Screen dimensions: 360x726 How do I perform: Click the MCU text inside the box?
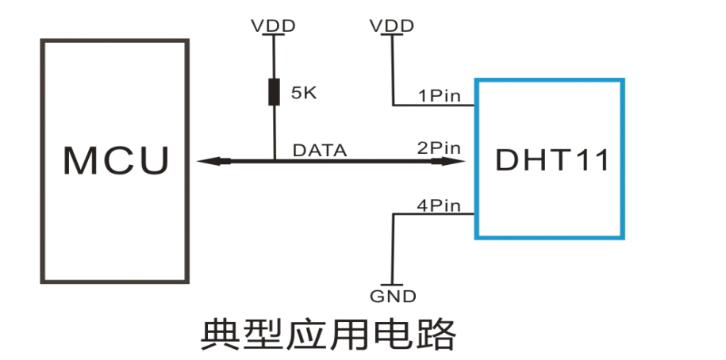(x=116, y=160)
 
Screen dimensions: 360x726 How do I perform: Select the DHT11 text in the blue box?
(x=552, y=160)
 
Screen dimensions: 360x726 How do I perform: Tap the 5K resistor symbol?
(x=274, y=92)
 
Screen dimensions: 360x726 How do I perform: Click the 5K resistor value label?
(x=304, y=93)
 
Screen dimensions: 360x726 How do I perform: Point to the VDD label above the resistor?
(x=273, y=25)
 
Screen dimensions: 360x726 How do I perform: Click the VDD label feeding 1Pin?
(x=392, y=25)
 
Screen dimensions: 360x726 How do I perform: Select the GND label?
(x=393, y=297)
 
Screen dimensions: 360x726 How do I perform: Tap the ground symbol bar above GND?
(x=393, y=284)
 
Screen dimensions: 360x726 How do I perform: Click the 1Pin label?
(x=440, y=96)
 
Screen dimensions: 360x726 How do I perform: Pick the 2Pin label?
(x=439, y=147)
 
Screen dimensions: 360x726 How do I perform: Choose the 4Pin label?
(x=439, y=205)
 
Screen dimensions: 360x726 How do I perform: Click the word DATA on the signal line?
(x=320, y=149)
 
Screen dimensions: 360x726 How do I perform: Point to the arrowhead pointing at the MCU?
(x=208, y=161)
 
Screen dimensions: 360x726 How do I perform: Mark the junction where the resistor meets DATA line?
(x=274, y=161)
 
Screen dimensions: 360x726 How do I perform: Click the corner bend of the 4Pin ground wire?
(x=393, y=214)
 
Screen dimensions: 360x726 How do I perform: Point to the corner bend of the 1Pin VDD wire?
(x=393, y=105)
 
